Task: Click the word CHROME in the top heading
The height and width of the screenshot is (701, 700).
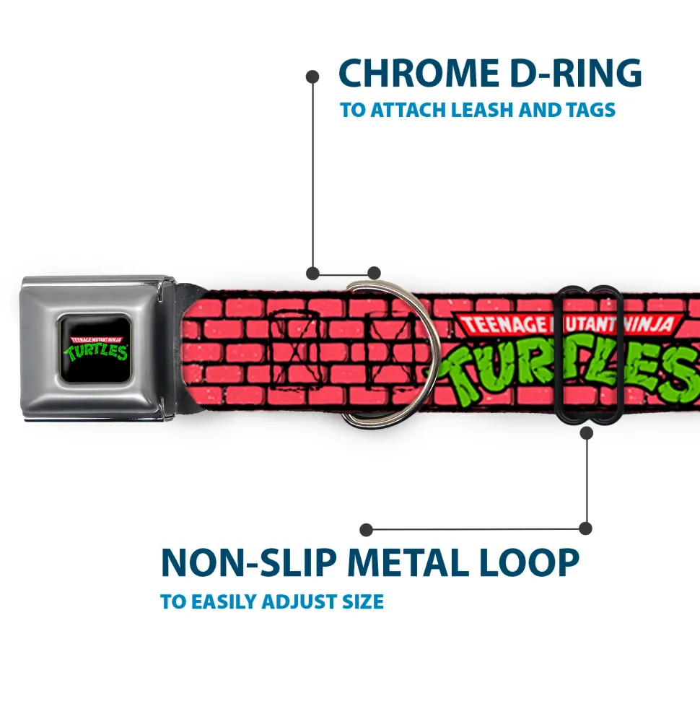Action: [x=419, y=73]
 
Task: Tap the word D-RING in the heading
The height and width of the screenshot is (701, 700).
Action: [x=576, y=73]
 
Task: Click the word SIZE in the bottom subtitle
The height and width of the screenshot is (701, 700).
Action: [x=363, y=602]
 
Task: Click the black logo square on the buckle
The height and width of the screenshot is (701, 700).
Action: [x=96, y=348]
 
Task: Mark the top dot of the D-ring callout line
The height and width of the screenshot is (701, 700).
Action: [x=312, y=77]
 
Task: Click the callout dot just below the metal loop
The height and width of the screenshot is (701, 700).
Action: [x=586, y=432]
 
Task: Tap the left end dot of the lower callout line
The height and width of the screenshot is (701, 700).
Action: [x=366, y=530]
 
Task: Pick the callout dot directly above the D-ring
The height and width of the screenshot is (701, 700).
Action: [x=374, y=273]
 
